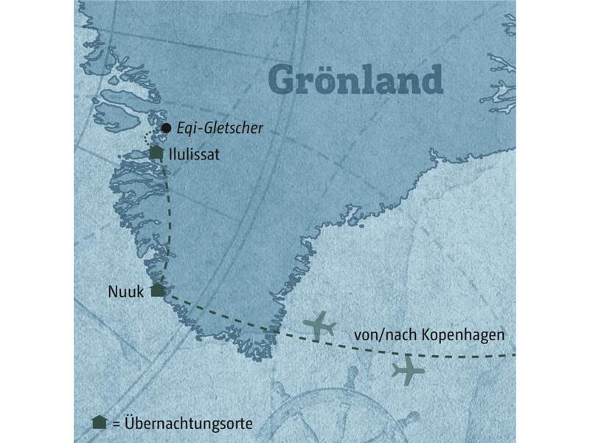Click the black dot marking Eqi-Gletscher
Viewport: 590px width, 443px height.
pyautogui.click(x=167, y=128)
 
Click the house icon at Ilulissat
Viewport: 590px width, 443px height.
pyautogui.click(x=156, y=153)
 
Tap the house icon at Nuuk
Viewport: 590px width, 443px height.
pyautogui.click(x=157, y=289)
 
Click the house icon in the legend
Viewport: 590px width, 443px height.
pyautogui.click(x=97, y=422)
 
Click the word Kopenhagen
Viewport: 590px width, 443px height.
pyautogui.click(x=464, y=334)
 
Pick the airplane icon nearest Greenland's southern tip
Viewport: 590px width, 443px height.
pyautogui.click(x=320, y=326)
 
